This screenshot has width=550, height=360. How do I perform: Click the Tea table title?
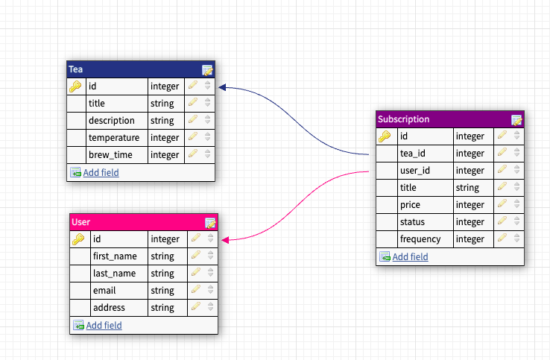pos(75,69)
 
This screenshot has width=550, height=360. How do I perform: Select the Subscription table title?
pos(403,119)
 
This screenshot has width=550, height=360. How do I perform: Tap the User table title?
pos(80,222)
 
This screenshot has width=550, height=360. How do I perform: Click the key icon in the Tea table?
pos(75,86)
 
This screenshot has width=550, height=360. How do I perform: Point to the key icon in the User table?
pos(78,239)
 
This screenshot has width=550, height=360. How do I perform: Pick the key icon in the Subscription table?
pos(385,136)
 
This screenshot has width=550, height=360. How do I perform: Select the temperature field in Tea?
pos(113,138)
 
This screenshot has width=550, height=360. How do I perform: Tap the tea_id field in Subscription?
pos(413,154)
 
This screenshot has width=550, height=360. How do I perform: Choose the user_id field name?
pos(414,171)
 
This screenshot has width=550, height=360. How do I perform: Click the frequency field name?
pos(420,239)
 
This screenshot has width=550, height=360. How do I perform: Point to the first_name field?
pos(116,256)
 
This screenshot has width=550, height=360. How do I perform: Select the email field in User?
pos(105,291)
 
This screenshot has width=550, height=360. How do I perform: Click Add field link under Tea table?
pos(101,173)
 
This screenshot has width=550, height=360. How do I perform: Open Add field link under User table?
pos(104,326)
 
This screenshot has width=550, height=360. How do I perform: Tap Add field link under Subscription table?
pos(410,257)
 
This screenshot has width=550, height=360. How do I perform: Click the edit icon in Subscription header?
pos(516,119)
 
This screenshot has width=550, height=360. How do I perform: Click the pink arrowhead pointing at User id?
pos(224,240)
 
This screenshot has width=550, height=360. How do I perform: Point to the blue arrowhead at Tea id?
pos(222,87)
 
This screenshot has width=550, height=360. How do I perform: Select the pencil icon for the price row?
pos(502,205)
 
